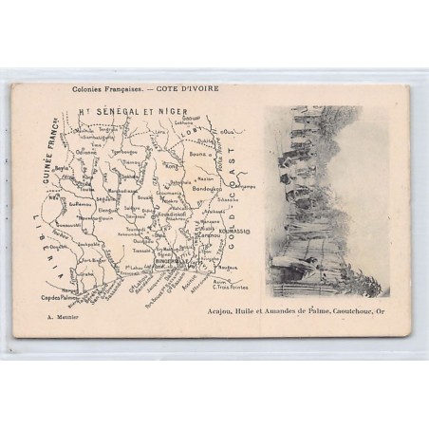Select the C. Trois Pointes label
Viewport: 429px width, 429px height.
(226, 287)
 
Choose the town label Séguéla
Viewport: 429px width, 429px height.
(106, 198)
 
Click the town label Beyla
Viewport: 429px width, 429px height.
(63, 168)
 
